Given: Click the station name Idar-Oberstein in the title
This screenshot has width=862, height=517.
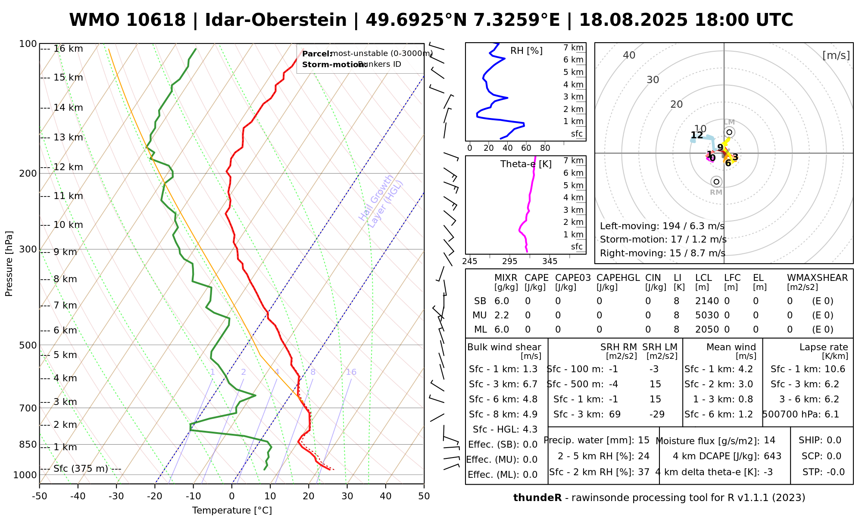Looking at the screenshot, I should (275, 20).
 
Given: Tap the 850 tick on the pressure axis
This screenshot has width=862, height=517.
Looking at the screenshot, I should (28, 444).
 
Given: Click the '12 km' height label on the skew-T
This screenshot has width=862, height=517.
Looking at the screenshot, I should (68, 167).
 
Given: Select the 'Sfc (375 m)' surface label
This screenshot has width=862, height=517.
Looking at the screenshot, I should (81, 469).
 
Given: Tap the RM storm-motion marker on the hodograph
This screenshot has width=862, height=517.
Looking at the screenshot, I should (716, 182).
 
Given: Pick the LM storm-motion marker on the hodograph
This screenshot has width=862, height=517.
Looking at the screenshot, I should (729, 132).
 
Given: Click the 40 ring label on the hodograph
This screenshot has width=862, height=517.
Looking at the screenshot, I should (629, 55).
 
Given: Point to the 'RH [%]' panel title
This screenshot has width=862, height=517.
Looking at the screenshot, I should (526, 51).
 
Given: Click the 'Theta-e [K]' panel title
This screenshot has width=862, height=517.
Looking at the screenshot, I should (526, 164).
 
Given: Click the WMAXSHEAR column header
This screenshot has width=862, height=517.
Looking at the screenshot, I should (817, 278).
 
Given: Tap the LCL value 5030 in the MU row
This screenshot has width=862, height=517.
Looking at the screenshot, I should (707, 315).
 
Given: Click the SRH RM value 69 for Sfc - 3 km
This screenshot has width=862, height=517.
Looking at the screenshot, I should (615, 414).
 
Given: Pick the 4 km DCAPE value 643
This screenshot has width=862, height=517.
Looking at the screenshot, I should (772, 456).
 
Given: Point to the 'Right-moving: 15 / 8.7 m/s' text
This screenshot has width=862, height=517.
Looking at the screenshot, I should (662, 253).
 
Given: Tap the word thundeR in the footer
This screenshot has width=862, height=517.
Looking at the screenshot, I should (537, 498).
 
